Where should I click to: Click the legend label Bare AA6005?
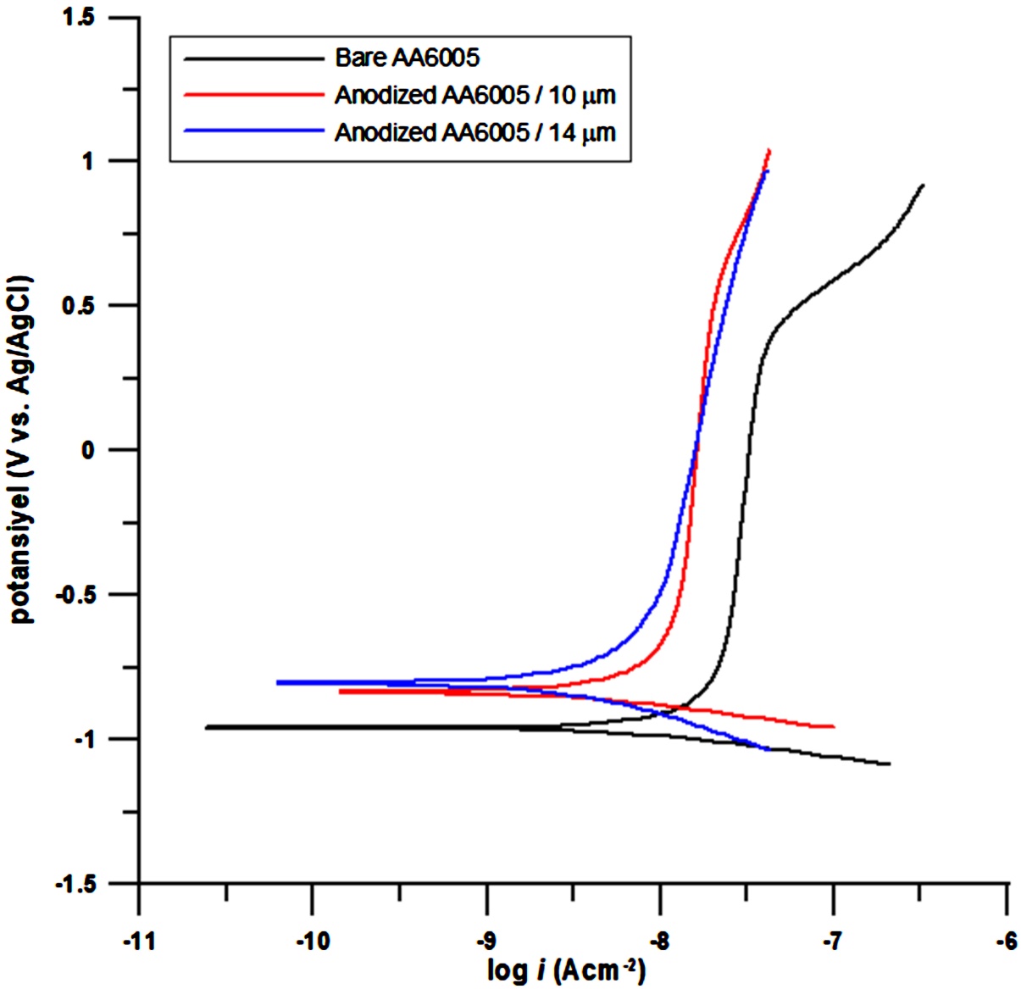point(408,58)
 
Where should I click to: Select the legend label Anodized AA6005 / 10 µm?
point(475,95)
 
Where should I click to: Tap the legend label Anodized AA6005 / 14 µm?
point(475,132)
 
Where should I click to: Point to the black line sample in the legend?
point(254,58)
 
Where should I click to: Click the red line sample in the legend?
point(254,95)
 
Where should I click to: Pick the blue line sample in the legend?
point(254,131)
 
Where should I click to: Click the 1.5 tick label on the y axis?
point(79,17)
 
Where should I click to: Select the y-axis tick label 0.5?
point(79,306)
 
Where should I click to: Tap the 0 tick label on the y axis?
point(87,450)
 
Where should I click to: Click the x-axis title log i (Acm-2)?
point(566,971)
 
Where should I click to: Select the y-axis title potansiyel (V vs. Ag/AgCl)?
point(22,449)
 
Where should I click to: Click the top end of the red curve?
point(769,150)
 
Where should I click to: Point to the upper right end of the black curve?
point(923,185)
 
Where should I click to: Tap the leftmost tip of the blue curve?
point(277,683)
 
